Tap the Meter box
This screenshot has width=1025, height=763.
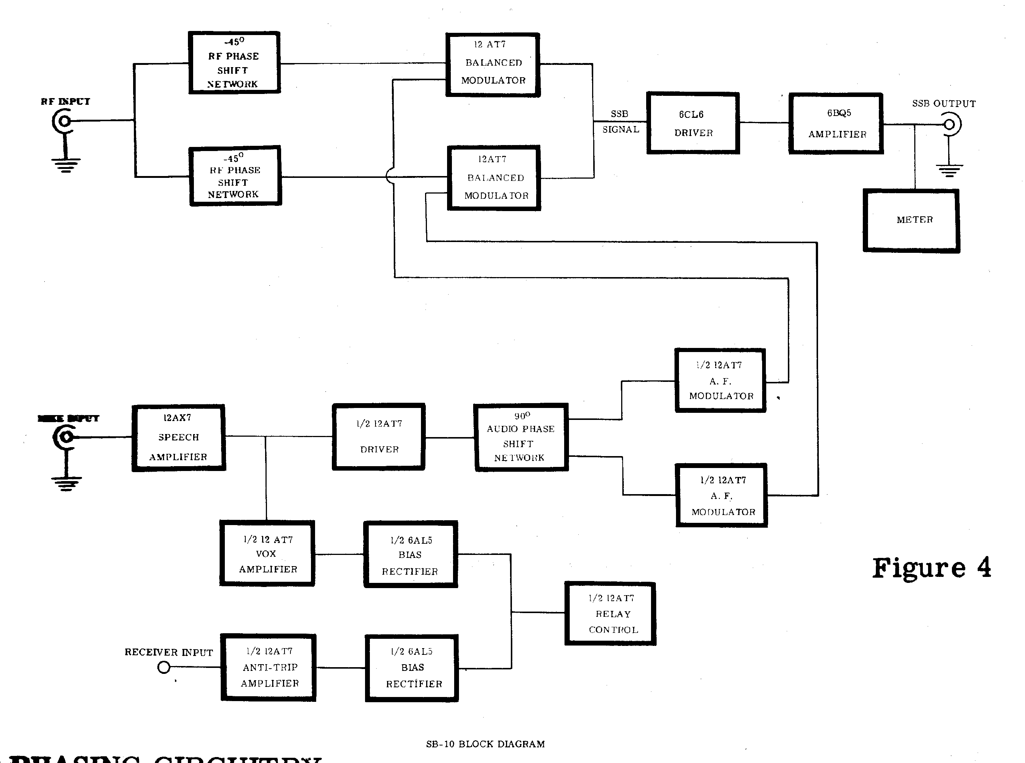click(911, 220)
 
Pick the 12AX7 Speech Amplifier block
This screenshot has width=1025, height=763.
click(179, 437)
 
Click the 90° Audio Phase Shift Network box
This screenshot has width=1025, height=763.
click(521, 437)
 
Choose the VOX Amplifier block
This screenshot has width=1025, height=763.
click(267, 553)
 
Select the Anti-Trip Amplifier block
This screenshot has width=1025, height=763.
click(269, 668)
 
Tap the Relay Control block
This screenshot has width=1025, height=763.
click(610, 613)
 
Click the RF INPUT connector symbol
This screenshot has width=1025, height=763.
click(64, 121)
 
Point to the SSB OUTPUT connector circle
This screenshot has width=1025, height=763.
click(949, 125)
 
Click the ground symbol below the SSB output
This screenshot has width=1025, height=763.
click(949, 170)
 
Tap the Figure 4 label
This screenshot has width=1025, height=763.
click(931, 568)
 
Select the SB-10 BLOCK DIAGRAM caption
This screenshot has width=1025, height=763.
click(485, 744)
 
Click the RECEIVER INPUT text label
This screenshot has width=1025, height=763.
click(169, 652)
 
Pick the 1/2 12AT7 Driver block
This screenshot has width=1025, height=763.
click(378, 437)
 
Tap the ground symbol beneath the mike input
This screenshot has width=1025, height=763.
click(66, 483)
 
